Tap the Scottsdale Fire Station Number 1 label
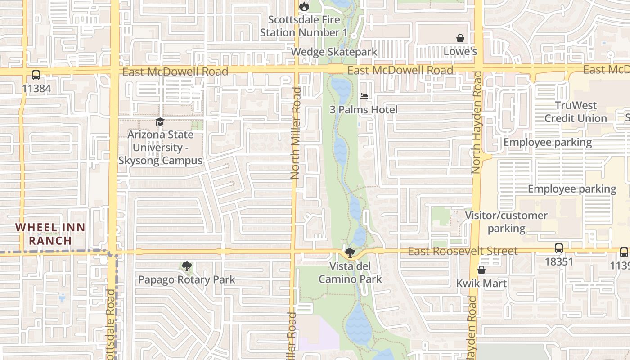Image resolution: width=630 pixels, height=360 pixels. click(304, 26)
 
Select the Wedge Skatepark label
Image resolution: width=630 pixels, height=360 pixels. click(334, 52)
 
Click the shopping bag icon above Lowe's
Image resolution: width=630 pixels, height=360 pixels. click(460, 38)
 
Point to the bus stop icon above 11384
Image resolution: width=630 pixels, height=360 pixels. click(36, 75)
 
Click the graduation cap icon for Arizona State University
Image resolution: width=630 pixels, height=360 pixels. click(160, 122)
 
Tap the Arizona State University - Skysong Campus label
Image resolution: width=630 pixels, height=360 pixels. click(160, 148)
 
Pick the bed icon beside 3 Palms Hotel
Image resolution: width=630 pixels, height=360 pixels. click(364, 96)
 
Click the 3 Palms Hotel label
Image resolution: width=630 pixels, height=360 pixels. click(364, 110)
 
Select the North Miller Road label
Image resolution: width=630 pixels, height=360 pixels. click(295, 133)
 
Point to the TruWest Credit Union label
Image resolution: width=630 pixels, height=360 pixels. click(576, 112)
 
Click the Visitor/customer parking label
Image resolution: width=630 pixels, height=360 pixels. click(506, 222)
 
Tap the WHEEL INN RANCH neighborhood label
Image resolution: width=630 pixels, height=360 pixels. click(50, 234)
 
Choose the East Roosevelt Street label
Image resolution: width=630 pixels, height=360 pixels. click(463, 251)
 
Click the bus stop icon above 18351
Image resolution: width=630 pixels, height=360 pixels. click(558, 248)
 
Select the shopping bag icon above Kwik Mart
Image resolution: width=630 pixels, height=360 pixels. click(481, 270)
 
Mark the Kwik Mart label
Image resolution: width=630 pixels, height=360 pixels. click(481, 283)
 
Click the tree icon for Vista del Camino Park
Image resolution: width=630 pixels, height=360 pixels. click(350, 253)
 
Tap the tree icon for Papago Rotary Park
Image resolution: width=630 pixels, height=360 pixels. click(186, 266)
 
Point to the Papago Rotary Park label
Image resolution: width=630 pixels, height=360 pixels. click(186, 280)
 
